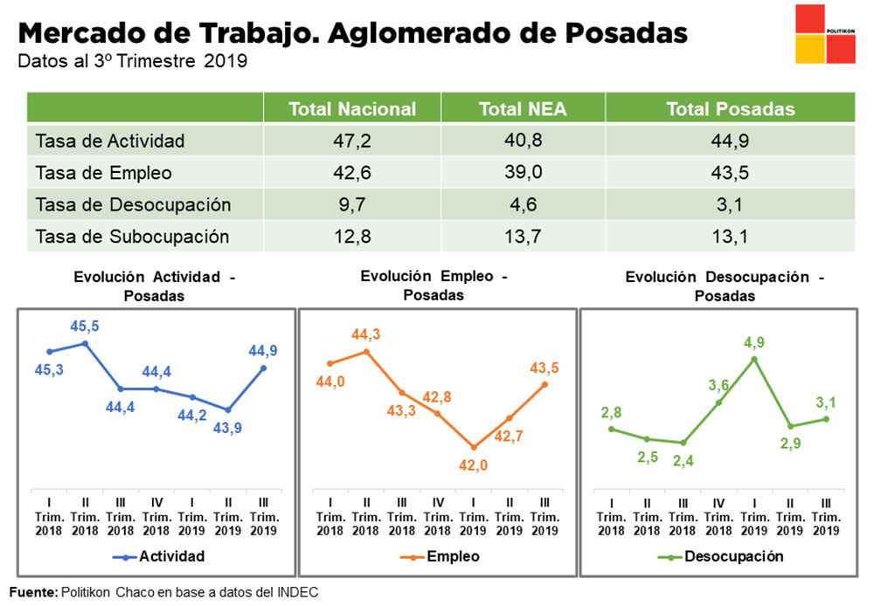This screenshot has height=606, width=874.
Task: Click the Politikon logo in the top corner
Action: coord(825,34)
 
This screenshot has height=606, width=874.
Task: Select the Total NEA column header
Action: coord(523,109)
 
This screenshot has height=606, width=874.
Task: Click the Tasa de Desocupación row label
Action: coord(133,204)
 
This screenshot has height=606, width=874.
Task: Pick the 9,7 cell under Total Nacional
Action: coord(352,204)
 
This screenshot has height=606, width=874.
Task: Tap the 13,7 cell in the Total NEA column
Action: coord(523,236)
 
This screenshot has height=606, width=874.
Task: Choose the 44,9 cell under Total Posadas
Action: coord(730,141)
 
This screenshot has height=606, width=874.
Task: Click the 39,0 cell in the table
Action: coord(523,172)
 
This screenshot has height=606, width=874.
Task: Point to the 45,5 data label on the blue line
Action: coord(85,326)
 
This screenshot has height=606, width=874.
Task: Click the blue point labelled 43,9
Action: coord(228,410)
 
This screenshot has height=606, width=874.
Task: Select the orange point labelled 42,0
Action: coord(473,446)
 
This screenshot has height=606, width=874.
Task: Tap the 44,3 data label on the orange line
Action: coord(366,334)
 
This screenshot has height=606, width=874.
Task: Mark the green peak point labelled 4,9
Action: coord(754,359)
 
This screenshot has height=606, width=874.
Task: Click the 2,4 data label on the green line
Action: coord(683,461)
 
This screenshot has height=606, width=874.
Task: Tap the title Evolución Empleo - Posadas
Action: coord(434,286)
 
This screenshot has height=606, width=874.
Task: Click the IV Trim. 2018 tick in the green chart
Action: coord(718,517)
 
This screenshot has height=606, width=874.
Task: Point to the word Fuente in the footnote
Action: coord(32,592)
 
